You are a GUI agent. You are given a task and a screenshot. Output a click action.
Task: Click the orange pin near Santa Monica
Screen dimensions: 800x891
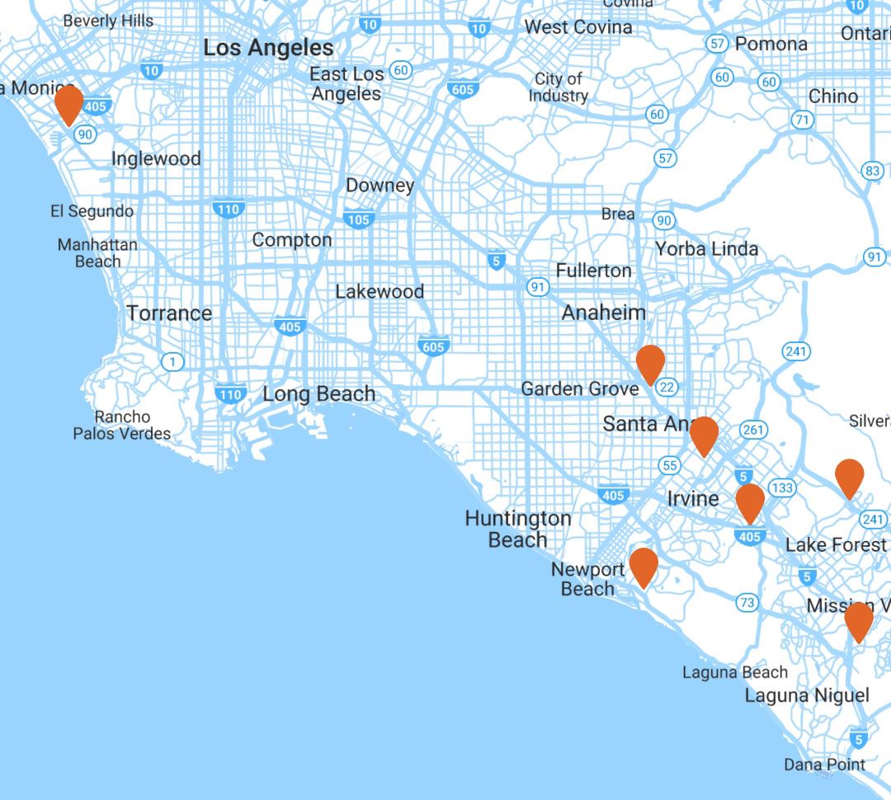click(68, 104)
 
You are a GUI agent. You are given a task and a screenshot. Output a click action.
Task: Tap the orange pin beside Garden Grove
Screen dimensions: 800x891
click(650, 364)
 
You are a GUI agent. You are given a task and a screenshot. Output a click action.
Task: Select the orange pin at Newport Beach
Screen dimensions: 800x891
click(643, 566)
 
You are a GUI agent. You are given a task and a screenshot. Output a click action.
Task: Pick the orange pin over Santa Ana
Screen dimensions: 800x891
click(704, 435)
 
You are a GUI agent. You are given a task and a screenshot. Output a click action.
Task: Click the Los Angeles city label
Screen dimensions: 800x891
click(268, 48)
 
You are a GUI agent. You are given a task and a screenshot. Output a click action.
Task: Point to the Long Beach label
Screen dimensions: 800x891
click(318, 394)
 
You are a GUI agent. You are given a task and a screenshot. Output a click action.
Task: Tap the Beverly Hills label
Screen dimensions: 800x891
click(108, 21)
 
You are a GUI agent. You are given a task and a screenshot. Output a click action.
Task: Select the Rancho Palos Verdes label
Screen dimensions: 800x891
click(122, 425)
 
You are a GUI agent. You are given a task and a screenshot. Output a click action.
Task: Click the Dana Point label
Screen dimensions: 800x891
click(824, 765)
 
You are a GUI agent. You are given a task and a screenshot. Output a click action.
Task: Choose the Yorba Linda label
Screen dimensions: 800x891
click(706, 248)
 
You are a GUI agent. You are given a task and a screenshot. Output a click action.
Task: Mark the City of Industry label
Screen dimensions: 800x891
click(559, 87)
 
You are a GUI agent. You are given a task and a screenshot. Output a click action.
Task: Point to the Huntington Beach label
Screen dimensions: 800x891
click(517, 529)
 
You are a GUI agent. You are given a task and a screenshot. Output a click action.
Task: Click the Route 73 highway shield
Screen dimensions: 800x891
click(747, 603)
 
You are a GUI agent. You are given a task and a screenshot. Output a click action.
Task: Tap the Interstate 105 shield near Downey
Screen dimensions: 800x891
click(359, 219)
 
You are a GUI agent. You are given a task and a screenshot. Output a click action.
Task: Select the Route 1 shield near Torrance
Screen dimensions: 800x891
click(172, 361)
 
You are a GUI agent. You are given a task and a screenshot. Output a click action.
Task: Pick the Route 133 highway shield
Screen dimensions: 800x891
click(782, 488)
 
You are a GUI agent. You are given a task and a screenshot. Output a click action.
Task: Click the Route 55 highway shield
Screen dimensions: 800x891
click(670, 466)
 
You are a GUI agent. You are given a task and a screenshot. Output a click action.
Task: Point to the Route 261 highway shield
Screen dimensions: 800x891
click(753, 430)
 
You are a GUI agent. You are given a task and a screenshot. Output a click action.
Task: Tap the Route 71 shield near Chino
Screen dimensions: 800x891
click(801, 120)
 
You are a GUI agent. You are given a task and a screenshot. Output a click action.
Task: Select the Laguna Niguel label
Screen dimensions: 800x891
click(807, 695)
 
